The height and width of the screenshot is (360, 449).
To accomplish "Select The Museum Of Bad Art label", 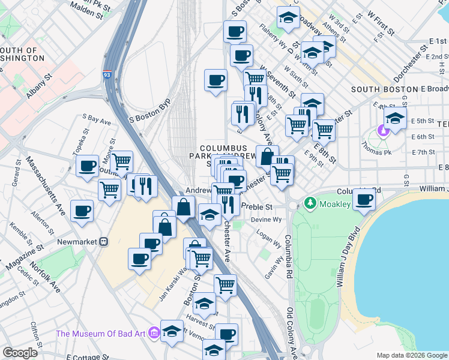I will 107,333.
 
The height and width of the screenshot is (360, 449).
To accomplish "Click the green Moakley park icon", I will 310,204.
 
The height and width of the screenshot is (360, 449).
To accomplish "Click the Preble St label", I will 256,206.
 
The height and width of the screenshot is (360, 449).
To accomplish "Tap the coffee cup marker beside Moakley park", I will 364,200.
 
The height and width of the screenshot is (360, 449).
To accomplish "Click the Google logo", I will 20,353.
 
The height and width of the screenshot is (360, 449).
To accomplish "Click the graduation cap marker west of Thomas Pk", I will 395,118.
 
